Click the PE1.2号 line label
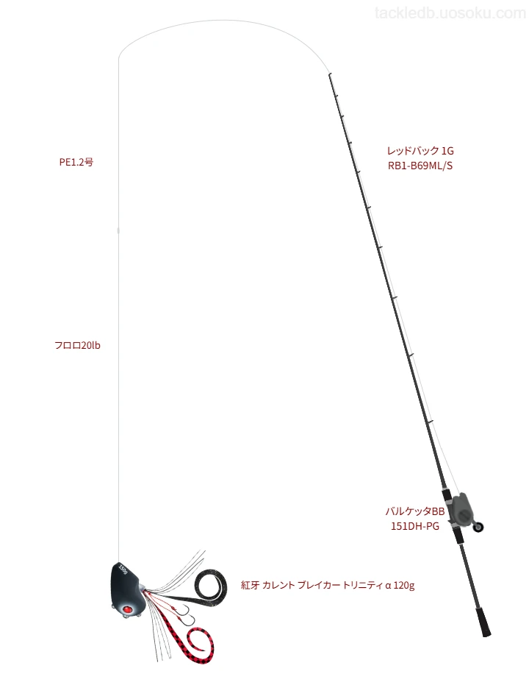[76, 162]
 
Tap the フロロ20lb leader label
[77, 345]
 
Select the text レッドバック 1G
[420, 151]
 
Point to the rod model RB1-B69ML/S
[420, 166]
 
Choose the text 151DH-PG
[415, 526]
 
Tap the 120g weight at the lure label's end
[404, 585]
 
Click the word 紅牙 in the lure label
[250, 585]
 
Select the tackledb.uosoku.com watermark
[450, 13]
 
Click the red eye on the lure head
[127, 609]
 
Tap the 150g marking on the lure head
[123, 570]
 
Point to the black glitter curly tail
[203, 586]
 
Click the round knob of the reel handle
[478, 528]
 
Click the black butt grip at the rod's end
[483, 621]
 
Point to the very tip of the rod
[329, 74]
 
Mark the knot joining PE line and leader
[118, 230]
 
